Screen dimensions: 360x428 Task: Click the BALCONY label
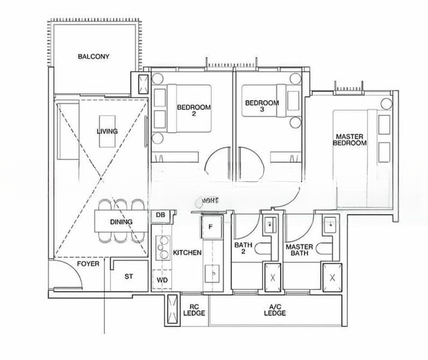(94, 57)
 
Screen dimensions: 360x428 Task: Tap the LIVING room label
(107, 131)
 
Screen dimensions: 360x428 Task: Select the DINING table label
(121, 222)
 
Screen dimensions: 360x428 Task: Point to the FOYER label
(88, 264)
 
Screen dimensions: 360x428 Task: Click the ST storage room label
(128, 277)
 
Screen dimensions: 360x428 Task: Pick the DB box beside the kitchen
(160, 215)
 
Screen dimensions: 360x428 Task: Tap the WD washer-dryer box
(161, 280)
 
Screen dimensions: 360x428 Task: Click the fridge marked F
(210, 227)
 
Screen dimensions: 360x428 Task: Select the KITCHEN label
(186, 253)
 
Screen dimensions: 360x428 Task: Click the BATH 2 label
(243, 249)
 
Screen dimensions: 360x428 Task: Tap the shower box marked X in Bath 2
(273, 278)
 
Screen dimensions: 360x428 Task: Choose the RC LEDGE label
(194, 310)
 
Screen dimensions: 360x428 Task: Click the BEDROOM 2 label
(194, 111)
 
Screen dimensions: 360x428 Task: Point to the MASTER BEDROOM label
(349, 140)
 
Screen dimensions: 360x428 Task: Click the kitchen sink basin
(212, 274)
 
